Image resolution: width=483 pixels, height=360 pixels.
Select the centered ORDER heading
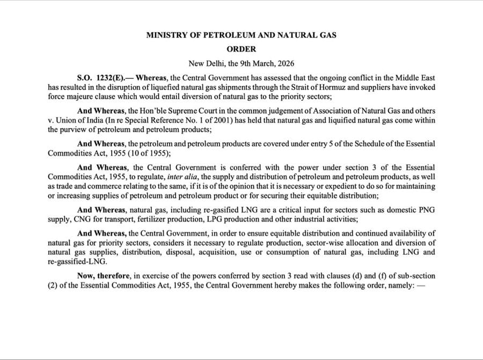pyautogui.click(x=241, y=49)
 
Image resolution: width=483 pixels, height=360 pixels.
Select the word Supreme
pyautogui.click(x=191, y=110)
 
